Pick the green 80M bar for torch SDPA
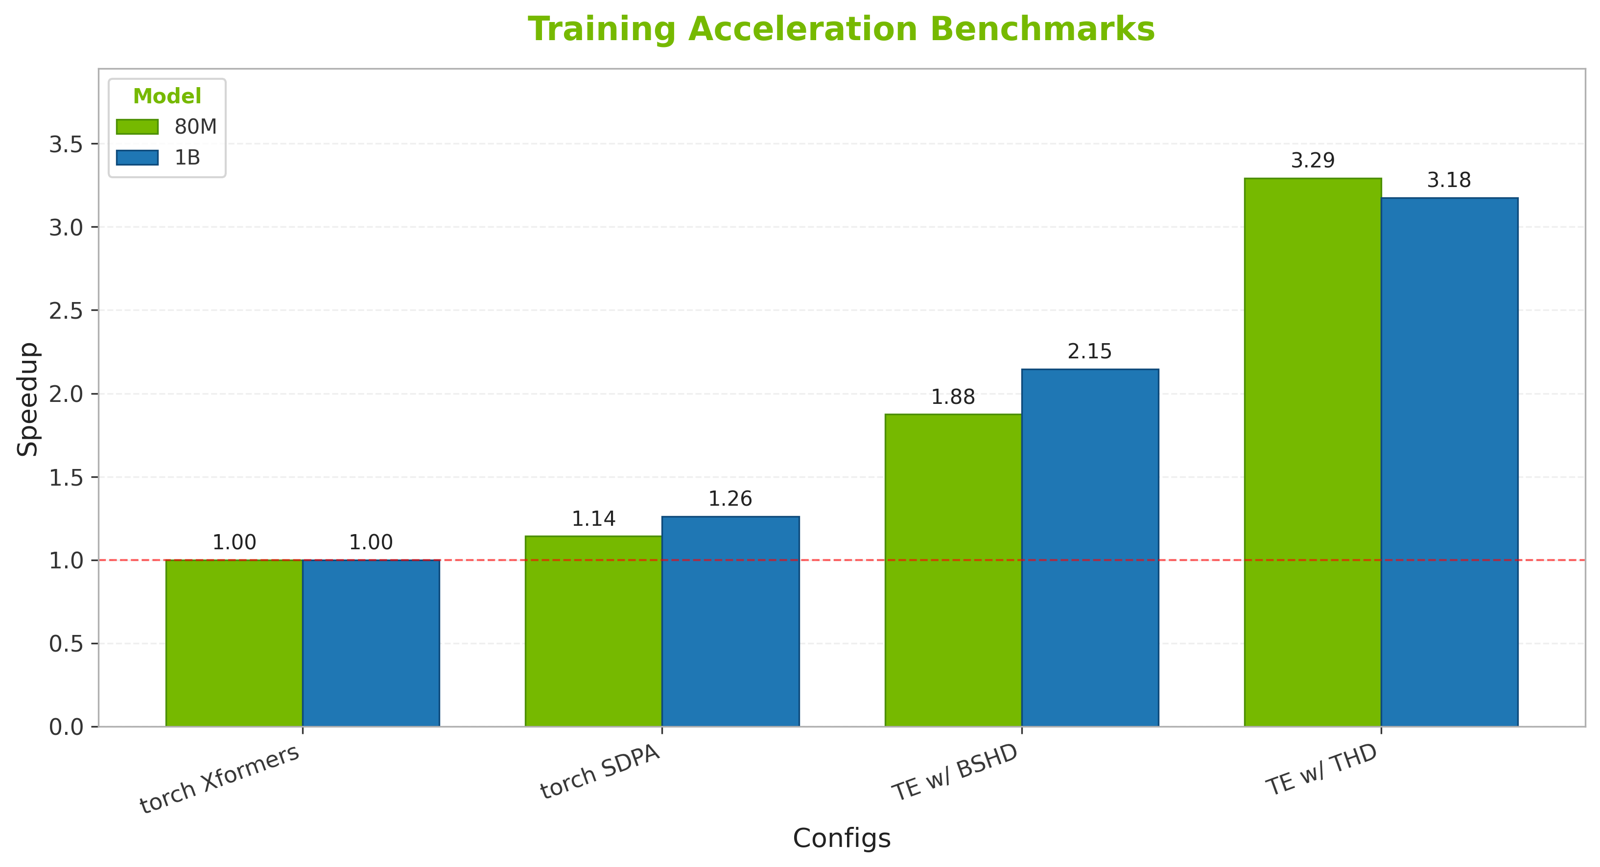[593, 631]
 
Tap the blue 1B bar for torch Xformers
[371, 643]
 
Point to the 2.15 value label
[1089, 351]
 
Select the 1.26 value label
[730, 499]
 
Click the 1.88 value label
[953, 397]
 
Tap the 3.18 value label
[1449, 180]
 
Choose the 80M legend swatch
[137, 127]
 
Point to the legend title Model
[167, 96]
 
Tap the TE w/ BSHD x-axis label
[955, 772]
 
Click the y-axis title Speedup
[28, 398]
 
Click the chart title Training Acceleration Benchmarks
[842, 29]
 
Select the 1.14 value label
[593, 518]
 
